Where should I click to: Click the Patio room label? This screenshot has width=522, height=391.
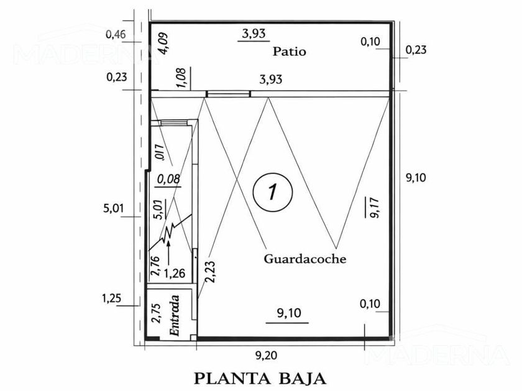coord(289,52)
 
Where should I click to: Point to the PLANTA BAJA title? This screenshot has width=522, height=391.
coord(260,377)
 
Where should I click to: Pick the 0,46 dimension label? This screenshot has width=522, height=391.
coord(116,34)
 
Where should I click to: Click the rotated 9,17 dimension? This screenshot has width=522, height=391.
coord(374,207)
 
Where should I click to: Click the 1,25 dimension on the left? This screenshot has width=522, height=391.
coord(112,299)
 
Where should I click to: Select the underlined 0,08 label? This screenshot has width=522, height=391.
coord(168,179)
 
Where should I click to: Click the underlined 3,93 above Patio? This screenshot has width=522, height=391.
coord(254,34)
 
